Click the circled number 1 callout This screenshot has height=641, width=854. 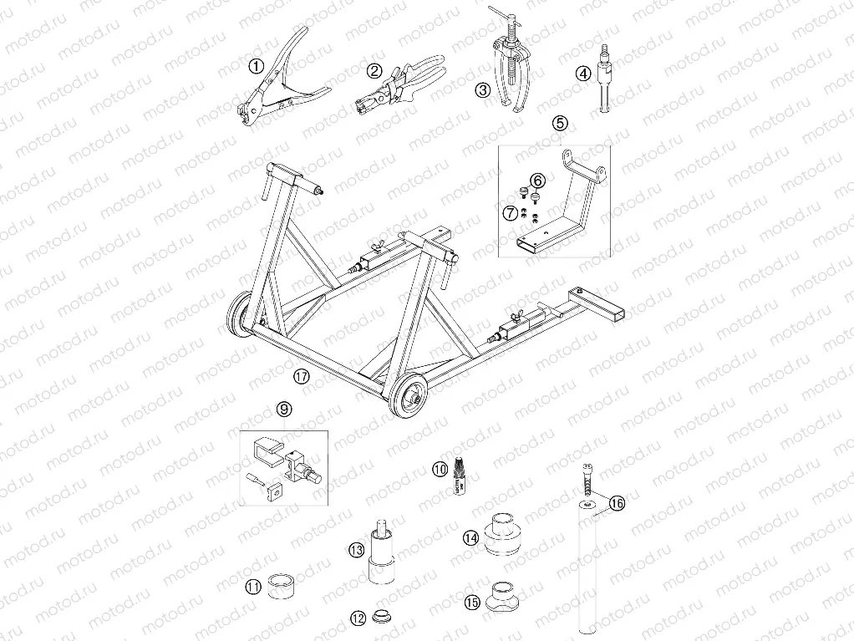256,64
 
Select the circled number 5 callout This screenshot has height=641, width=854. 560,122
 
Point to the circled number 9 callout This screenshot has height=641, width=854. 284,409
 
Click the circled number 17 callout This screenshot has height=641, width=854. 302,376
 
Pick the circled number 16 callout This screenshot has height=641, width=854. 617,503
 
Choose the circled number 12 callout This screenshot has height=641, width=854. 358,618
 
